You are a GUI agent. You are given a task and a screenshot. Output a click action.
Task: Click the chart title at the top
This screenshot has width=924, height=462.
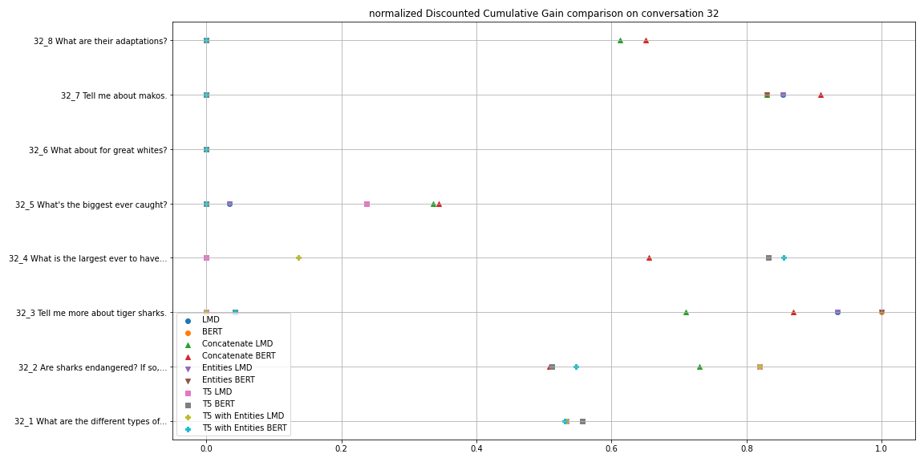tap(543, 14)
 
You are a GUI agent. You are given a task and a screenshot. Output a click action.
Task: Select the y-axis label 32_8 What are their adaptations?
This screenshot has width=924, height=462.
tap(100, 41)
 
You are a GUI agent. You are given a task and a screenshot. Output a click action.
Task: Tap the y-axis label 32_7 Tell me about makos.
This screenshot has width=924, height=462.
tap(114, 95)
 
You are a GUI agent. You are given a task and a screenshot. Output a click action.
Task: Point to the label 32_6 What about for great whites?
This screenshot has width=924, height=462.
tap(98, 150)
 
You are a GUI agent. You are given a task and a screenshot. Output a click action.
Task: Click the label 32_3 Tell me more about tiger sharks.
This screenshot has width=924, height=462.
tap(91, 313)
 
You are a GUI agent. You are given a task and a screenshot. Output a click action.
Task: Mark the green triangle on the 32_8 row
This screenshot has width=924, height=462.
tap(620, 41)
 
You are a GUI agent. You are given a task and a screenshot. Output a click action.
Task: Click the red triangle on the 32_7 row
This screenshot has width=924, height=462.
tap(821, 95)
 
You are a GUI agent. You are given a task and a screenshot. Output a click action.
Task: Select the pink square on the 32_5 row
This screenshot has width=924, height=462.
tap(367, 205)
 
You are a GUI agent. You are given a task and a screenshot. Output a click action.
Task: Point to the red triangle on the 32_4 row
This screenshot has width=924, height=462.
tap(649, 258)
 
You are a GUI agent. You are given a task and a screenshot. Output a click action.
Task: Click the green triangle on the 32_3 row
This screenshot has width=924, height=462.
tap(686, 313)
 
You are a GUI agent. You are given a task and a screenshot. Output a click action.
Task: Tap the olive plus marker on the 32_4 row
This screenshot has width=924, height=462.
tap(298, 258)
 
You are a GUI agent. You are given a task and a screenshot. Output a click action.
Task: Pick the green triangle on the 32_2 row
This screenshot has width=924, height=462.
tap(699, 367)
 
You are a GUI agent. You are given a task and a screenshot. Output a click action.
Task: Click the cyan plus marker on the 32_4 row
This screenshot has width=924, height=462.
tap(784, 258)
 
